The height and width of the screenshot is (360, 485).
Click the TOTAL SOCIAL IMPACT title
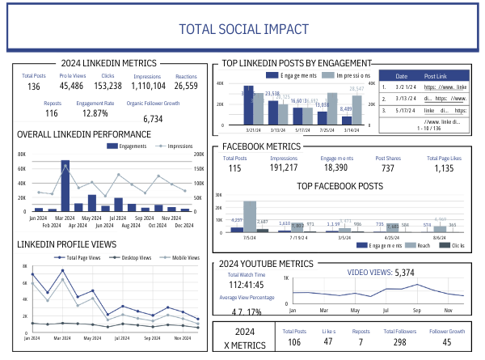pyautogui.click(x=243, y=30)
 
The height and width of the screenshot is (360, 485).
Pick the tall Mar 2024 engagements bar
pyautogui.click(x=65, y=186)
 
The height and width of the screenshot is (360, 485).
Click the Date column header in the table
pyautogui.click(x=401, y=74)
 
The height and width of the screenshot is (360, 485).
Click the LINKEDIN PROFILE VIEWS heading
pyautogui.click(x=66, y=244)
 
